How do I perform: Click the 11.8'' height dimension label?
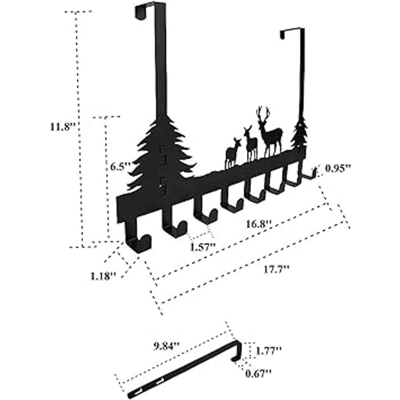point(61,127)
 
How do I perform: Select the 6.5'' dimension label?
point(119,166)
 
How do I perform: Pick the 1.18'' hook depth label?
point(103,276)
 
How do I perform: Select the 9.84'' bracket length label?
point(167,347)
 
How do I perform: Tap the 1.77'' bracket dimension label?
point(269,350)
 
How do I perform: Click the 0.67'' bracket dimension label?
point(259,374)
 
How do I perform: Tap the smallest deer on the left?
point(232,153)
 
